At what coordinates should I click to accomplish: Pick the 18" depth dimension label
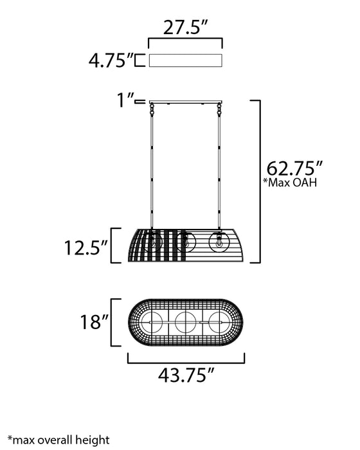tap(92, 321)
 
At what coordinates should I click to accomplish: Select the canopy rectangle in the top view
tap(185, 60)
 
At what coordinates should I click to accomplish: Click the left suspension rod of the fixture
tap(152, 167)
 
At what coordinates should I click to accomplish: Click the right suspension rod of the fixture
tap(220, 167)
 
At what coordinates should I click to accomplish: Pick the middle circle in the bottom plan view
tap(185, 321)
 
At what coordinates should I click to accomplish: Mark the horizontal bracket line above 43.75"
tap(186, 361)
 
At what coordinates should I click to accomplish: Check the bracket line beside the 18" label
tap(114, 321)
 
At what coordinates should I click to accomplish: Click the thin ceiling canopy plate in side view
tap(186, 102)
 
